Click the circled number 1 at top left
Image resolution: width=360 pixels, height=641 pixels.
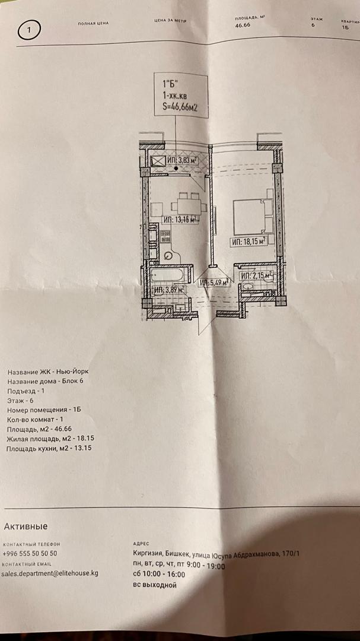[30, 28]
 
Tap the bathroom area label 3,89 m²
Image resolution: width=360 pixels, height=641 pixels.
[168, 290]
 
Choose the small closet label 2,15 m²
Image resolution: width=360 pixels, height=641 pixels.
[256, 275]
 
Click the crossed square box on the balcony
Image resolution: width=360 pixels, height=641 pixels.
[158, 161]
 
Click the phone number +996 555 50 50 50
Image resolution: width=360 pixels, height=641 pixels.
[30, 553]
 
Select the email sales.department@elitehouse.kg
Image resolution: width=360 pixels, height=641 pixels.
[50, 573]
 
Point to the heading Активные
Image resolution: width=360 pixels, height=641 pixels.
[26, 526]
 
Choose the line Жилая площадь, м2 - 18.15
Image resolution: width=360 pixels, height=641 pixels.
[51, 438]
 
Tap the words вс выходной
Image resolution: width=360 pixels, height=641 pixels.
[155, 585]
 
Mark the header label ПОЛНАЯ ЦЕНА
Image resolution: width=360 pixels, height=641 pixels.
[93, 24]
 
